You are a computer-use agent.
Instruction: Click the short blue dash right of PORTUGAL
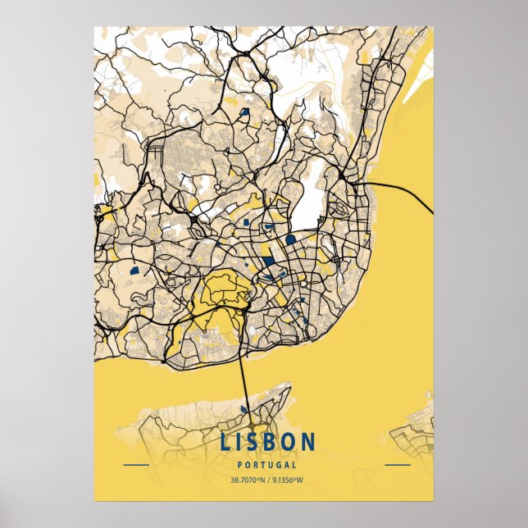[x=397, y=465]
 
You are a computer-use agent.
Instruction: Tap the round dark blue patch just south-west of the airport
[x=290, y=239]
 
